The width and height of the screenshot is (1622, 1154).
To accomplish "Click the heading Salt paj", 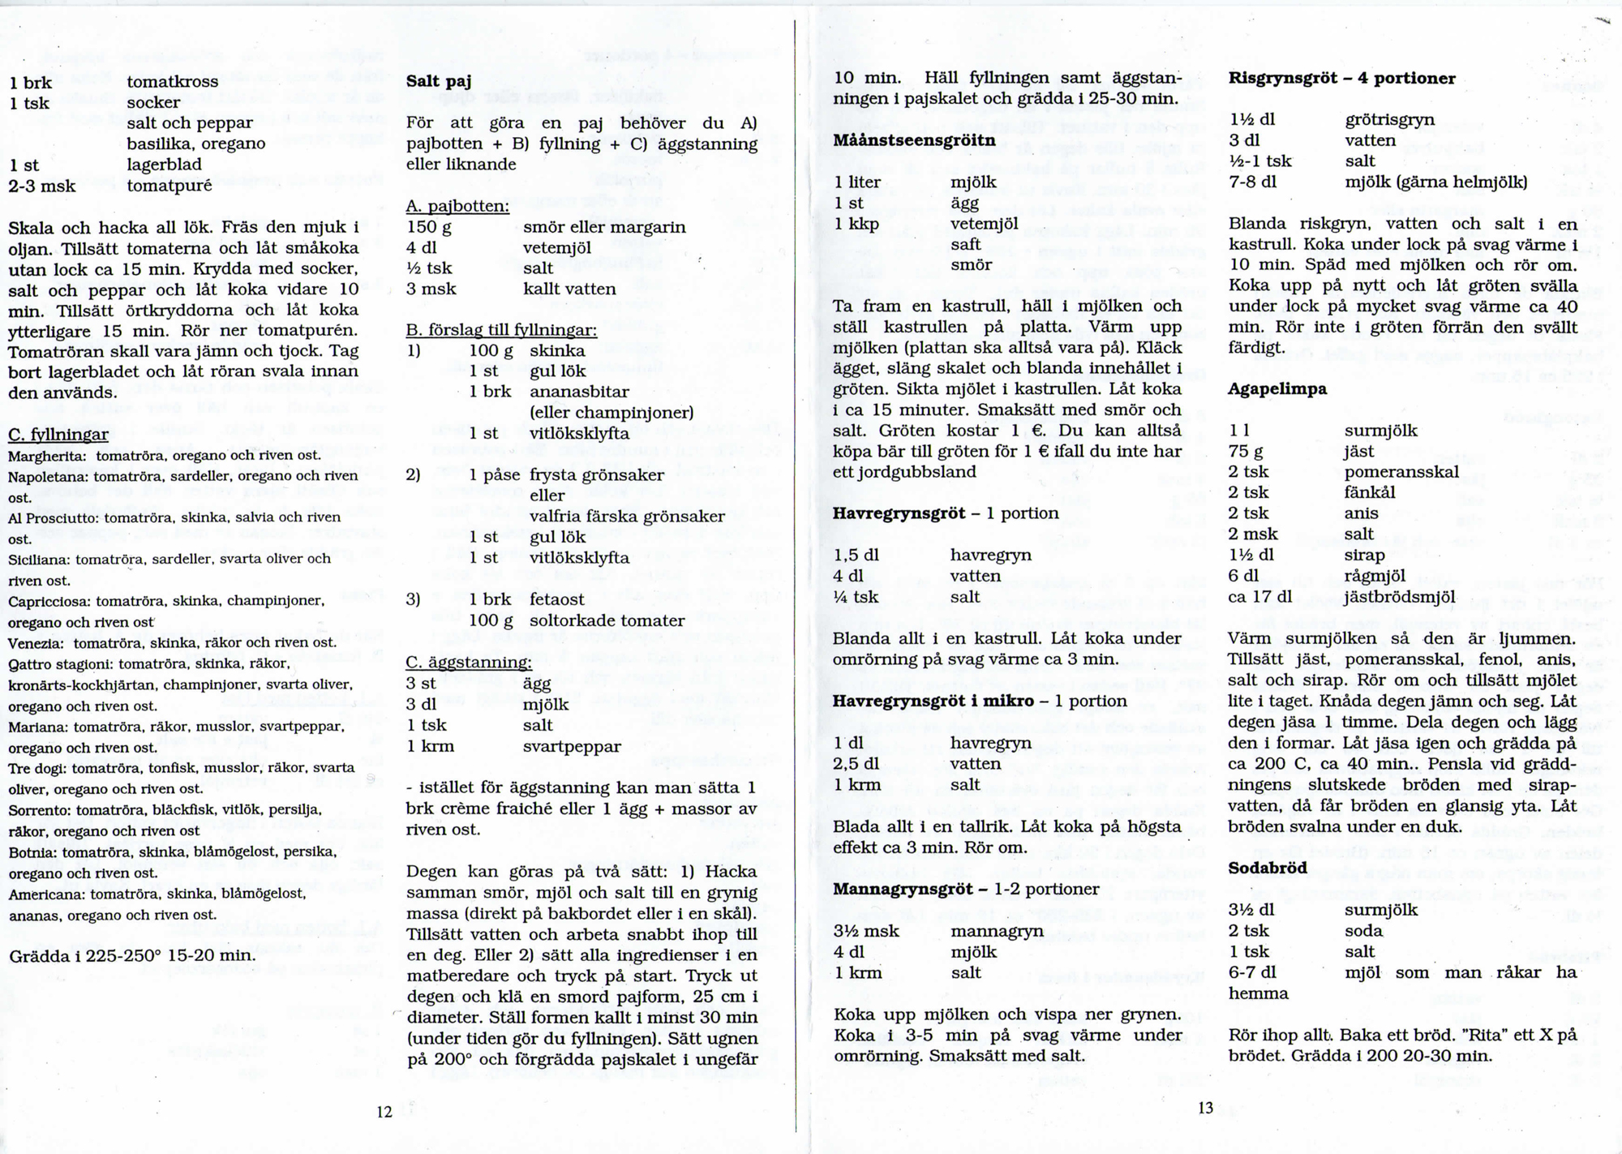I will click(x=438, y=82).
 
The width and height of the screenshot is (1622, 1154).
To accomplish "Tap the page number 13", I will click(x=1206, y=1107).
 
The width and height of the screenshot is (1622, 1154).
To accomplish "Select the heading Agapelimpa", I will click(x=1277, y=389).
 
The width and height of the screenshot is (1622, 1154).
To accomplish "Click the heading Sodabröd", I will click(x=1268, y=868).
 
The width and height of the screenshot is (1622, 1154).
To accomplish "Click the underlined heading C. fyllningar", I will click(x=58, y=435).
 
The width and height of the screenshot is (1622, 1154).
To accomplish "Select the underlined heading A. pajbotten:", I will click(x=457, y=206).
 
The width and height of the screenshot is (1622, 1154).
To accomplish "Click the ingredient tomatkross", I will click(x=172, y=82).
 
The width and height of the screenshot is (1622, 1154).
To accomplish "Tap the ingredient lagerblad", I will click(x=164, y=165).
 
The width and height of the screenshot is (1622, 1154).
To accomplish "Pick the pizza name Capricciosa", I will click(x=50, y=602).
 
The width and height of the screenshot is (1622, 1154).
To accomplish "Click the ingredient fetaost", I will click(x=557, y=600).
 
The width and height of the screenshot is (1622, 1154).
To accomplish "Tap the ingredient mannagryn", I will click(x=997, y=931).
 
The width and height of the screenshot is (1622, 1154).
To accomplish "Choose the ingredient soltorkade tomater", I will click(x=607, y=621).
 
